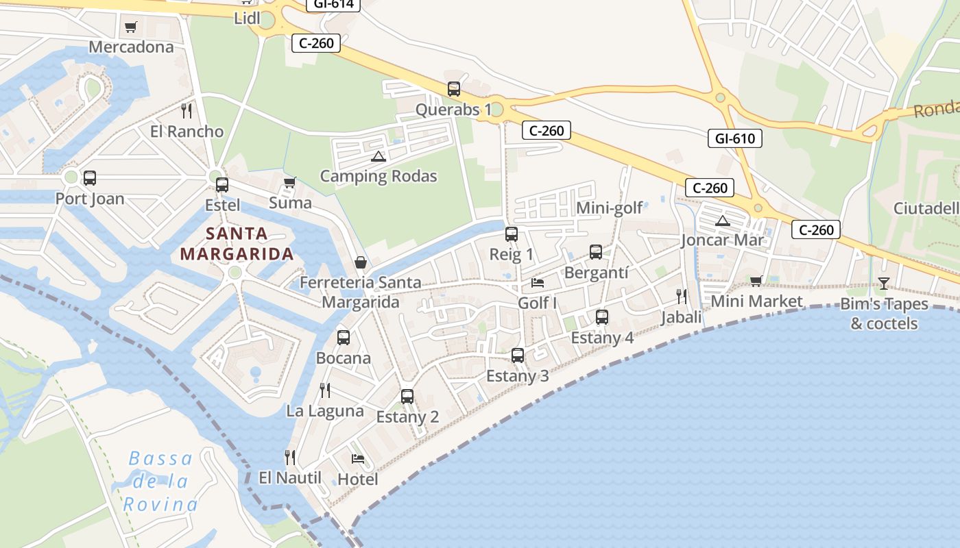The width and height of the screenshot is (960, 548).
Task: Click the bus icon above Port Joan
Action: point(90,178)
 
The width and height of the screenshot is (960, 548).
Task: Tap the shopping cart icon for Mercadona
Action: point(131,27)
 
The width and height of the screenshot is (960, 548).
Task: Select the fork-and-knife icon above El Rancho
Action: point(187,110)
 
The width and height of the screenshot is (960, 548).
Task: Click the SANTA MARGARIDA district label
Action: point(237,244)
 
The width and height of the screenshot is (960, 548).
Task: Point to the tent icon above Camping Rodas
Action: point(378,156)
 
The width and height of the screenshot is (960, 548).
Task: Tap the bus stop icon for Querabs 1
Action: point(454,89)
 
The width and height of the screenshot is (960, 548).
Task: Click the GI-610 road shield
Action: point(734,138)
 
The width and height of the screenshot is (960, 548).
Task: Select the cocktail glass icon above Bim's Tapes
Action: point(884,283)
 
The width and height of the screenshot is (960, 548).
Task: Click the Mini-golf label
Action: point(610,208)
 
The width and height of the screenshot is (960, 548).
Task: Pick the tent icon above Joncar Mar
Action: point(721,221)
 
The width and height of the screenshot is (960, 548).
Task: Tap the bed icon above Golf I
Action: point(538,282)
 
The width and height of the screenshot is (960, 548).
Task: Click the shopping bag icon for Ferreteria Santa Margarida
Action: point(360,262)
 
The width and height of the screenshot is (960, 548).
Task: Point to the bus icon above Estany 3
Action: point(518,356)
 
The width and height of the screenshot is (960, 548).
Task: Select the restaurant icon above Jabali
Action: point(681,297)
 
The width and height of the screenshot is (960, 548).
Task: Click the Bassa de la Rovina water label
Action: point(160,482)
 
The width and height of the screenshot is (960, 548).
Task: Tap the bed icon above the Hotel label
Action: point(357,458)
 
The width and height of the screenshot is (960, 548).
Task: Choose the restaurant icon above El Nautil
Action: point(290,457)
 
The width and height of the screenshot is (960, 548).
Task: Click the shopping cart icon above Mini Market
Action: point(756,281)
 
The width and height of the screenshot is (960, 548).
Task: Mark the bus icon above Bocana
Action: point(344,338)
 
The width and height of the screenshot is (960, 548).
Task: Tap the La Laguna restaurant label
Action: point(325,411)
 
